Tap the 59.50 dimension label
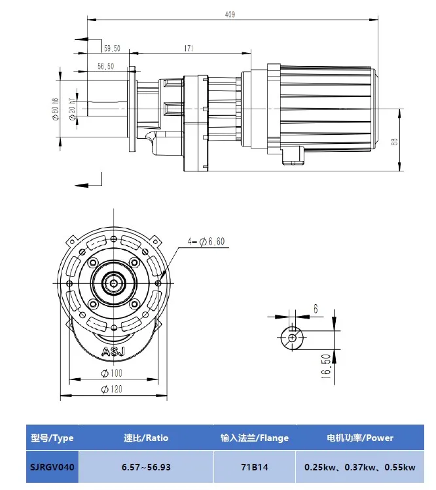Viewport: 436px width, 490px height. point(112,48)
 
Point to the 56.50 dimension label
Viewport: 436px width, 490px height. point(106,67)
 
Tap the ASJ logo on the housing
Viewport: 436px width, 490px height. point(114,353)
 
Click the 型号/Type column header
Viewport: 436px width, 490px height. point(52,437)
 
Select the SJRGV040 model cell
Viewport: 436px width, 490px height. point(52,467)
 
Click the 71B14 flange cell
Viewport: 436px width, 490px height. point(254,467)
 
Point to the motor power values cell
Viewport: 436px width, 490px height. point(359,467)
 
